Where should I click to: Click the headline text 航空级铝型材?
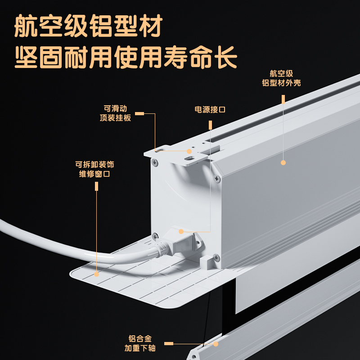coord(88,26)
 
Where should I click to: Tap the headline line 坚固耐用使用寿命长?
coord(126,57)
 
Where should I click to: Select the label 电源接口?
coord(210,109)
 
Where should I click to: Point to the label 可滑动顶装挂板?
coord(115,113)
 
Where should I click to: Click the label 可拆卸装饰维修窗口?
coord(94,169)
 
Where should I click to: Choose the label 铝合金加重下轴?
coord(140,343)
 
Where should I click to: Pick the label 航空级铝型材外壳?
coord(281,78)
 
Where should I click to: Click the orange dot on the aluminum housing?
coord(283,162)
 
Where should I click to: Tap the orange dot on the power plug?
coord(181,231)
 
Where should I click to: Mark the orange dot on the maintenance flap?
coord(97,274)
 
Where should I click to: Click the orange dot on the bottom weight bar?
coord(216,344)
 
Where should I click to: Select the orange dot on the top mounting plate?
coord(189,151)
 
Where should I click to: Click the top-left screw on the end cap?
coord(155,163)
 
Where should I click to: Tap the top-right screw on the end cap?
coord(217,178)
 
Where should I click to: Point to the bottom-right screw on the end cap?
coord(216,257)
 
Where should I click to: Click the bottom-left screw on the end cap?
coord(155,236)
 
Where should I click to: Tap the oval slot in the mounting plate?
coord(190,158)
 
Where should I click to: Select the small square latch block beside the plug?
coord(207,262)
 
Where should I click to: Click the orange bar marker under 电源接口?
coord(210,125)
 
